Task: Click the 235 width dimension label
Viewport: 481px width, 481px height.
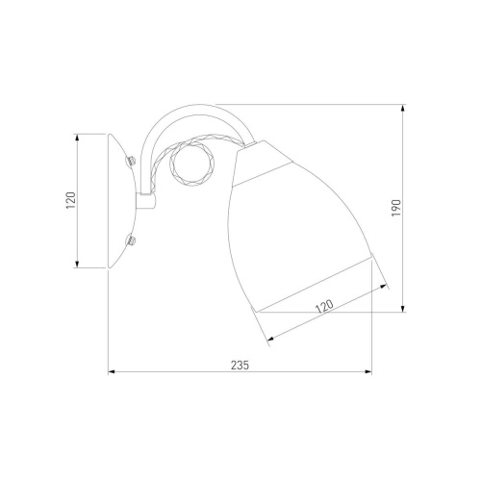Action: click(x=240, y=365)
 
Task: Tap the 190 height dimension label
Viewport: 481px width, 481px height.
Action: click(x=396, y=208)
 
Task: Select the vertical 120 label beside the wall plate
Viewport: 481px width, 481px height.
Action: click(x=70, y=200)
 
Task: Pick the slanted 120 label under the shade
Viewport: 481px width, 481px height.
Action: click(x=324, y=306)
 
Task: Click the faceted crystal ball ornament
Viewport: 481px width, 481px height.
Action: click(x=192, y=165)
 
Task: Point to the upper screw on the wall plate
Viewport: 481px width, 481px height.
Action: click(x=131, y=160)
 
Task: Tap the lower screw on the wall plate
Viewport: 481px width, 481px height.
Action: click(x=132, y=240)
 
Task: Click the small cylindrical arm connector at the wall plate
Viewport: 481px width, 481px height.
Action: click(x=146, y=201)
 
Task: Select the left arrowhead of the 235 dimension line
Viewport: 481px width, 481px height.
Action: click(x=112, y=372)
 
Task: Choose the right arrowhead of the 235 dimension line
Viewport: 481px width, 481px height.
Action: click(x=368, y=372)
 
